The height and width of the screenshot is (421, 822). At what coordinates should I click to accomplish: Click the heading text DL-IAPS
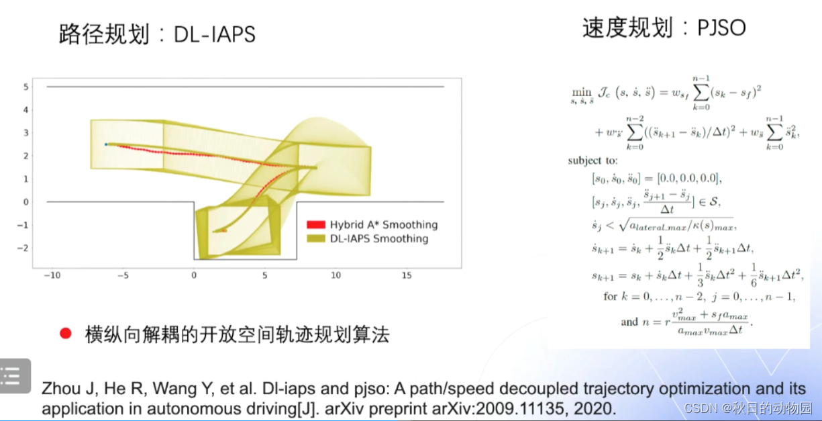(x=215, y=34)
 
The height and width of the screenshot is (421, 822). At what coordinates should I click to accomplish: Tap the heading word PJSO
(x=722, y=28)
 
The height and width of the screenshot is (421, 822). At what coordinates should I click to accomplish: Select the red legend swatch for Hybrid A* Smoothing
(x=315, y=225)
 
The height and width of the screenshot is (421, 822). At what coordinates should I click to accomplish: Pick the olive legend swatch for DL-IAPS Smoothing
(x=315, y=238)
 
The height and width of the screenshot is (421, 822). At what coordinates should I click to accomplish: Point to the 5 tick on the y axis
(x=25, y=87)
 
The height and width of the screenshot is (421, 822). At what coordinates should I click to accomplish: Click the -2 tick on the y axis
(x=23, y=248)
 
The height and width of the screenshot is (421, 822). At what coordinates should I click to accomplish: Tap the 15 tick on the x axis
(x=407, y=275)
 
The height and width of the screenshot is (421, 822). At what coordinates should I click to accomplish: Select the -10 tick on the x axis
(x=51, y=275)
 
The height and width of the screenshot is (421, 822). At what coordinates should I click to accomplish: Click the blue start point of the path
(x=106, y=144)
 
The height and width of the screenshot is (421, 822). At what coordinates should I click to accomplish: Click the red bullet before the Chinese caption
(x=65, y=334)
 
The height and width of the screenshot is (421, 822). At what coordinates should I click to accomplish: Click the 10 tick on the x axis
(x=336, y=275)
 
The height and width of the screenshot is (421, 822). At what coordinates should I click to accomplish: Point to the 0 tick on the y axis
(x=25, y=201)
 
